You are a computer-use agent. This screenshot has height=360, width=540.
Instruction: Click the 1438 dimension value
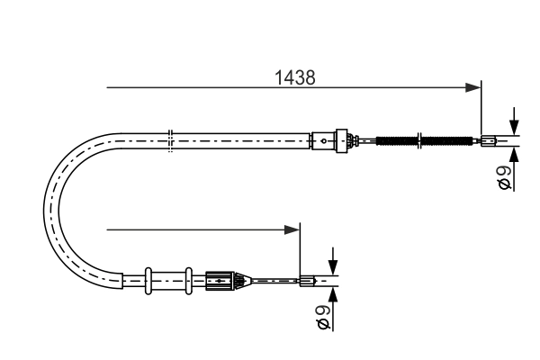pos(294,77)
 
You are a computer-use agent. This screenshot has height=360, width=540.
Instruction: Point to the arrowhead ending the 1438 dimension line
pos(472,87)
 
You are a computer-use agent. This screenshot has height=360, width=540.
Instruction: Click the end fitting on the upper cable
pos(488,139)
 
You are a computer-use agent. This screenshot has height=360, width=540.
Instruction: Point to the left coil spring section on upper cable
pos(396,139)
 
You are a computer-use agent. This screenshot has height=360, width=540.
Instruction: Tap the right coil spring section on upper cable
pos(443,139)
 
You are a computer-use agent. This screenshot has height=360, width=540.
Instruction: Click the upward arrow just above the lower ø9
pos(332,294)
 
